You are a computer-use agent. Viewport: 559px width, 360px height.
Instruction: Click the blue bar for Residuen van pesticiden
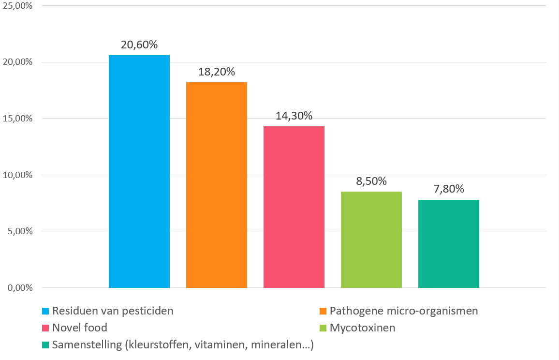click(139, 172)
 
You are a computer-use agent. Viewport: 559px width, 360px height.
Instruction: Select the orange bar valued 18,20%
click(217, 185)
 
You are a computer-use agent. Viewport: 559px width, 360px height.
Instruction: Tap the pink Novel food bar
click(294, 207)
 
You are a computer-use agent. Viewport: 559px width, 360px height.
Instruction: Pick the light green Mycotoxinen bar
click(371, 240)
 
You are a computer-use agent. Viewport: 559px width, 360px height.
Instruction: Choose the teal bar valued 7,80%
click(449, 244)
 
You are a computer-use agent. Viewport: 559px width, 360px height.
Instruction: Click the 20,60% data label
click(139, 45)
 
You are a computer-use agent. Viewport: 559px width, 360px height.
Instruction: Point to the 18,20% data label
click(217, 72)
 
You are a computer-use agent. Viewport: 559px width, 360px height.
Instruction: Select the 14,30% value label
click(294, 116)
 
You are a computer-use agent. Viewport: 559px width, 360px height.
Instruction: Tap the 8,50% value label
click(371, 181)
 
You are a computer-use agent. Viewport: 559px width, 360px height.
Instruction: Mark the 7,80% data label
click(449, 190)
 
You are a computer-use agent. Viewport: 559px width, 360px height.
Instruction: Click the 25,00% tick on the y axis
click(18, 6)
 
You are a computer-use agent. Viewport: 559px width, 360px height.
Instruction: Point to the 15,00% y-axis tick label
click(18, 119)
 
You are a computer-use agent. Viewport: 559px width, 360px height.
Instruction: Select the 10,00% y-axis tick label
click(18, 175)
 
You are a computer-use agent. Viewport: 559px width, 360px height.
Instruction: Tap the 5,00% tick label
click(20, 232)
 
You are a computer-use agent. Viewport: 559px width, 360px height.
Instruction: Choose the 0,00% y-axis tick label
click(20, 288)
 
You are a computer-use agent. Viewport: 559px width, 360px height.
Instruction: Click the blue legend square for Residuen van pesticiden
click(45, 311)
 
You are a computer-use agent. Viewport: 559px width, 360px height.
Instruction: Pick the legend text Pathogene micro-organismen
click(404, 311)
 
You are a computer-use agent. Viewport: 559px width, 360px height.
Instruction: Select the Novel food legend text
click(80, 328)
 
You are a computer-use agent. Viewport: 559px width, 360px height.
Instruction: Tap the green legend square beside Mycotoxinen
click(323, 328)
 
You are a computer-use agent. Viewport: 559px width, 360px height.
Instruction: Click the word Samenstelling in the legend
click(82, 345)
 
